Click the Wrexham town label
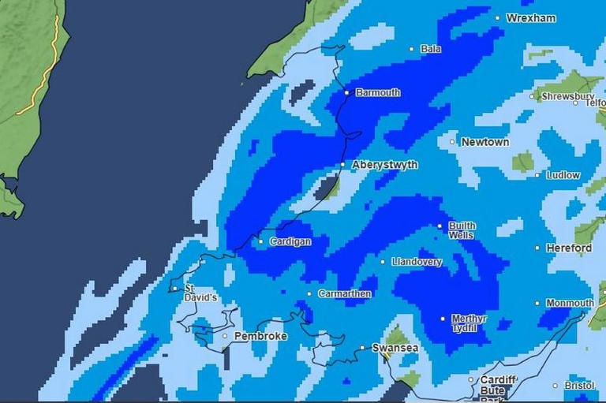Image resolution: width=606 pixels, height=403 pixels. (x=531, y=18)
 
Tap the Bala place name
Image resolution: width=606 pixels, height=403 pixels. (x=431, y=49)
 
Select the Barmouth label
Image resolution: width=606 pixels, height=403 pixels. (x=378, y=92)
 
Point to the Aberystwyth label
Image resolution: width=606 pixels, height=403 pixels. (x=384, y=165)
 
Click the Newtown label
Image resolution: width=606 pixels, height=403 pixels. (x=485, y=142)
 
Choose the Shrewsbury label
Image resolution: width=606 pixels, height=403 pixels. (x=567, y=96)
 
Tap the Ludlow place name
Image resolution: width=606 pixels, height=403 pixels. (x=563, y=175)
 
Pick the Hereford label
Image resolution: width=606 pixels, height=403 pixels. (x=569, y=248)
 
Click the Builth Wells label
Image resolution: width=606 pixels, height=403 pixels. (x=462, y=230)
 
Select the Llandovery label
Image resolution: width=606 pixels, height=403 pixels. (x=417, y=262)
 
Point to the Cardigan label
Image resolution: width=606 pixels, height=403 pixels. (x=290, y=241)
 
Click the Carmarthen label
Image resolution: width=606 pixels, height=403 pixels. (x=344, y=294)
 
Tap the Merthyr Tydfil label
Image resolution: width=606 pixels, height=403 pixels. (x=469, y=323)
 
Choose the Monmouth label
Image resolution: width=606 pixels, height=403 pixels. (x=570, y=303)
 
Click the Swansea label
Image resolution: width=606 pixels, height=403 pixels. (x=395, y=348)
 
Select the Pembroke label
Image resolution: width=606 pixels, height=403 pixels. (x=260, y=336)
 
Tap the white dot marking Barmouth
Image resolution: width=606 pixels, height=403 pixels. (x=346, y=93)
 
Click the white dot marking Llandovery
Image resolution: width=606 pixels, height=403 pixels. (x=383, y=262)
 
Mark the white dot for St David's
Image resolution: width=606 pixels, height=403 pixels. (x=175, y=289)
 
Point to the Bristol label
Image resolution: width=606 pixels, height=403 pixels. (x=578, y=386)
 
